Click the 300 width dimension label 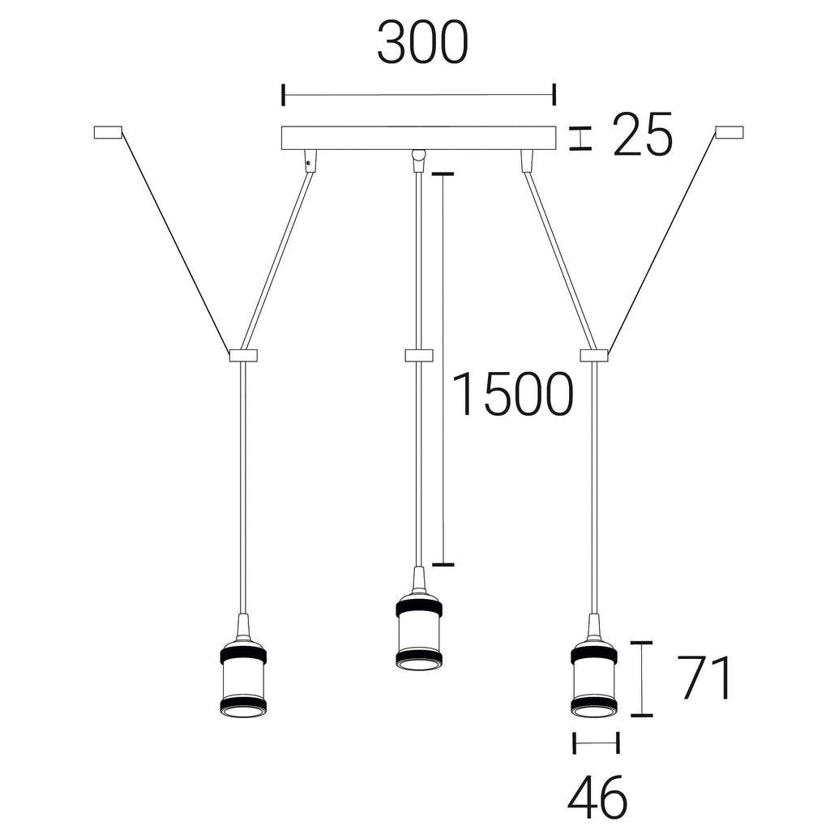[x=422, y=43]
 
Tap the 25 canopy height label [x=642, y=135]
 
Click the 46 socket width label [x=597, y=798]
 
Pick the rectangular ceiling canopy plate [x=419, y=138]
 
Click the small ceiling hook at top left [x=108, y=132]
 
